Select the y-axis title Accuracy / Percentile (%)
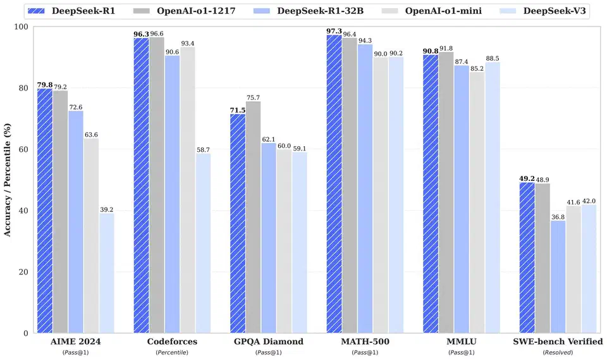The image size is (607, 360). (8, 180)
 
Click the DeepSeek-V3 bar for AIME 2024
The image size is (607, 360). (106, 273)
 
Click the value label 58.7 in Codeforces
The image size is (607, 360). (203, 149)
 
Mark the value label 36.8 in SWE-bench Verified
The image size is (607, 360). (558, 216)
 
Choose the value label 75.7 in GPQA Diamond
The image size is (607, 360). (254, 97)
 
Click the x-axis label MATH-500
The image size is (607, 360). (365, 342)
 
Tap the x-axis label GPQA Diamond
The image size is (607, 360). (269, 342)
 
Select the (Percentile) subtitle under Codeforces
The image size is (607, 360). (172, 352)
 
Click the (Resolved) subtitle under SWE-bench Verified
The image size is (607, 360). (558, 352)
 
